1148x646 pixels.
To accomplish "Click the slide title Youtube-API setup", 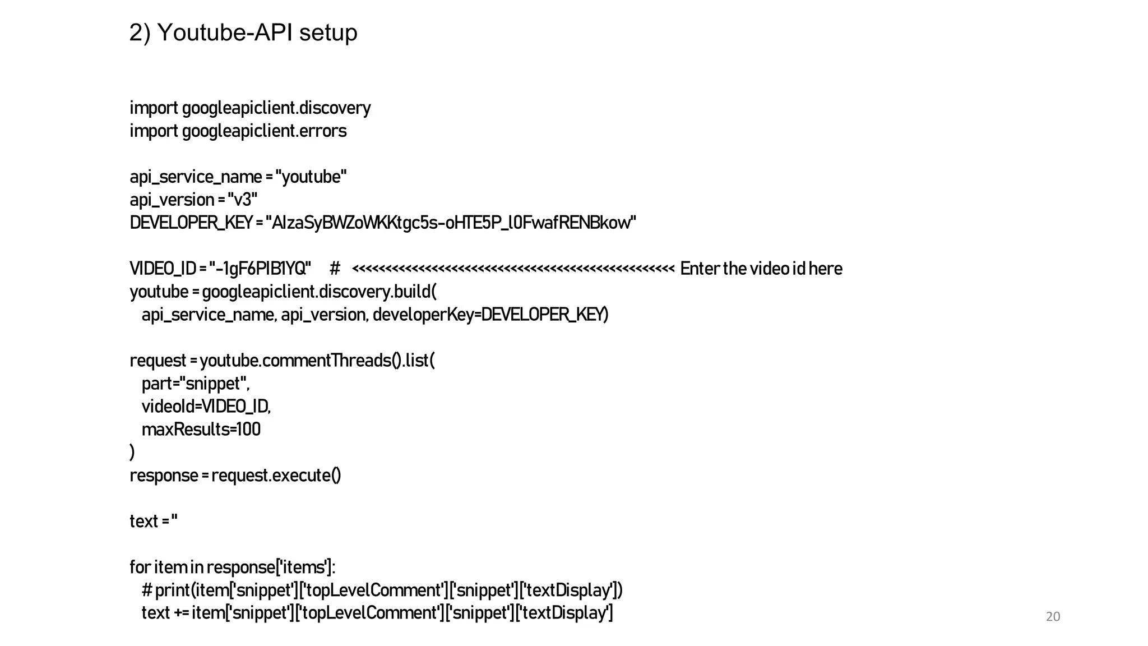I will coord(243,33).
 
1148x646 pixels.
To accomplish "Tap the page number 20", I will coord(1053,617).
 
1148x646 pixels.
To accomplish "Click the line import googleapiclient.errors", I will coord(238,131).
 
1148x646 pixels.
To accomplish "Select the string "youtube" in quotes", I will coord(311,177).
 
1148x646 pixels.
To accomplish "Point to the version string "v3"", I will coord(242,200).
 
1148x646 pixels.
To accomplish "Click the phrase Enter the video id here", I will coord(761,269).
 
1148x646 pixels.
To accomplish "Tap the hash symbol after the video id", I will coord(335,269).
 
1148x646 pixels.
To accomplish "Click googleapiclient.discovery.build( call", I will coord(318,292).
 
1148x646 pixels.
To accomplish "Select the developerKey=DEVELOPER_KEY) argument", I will coord(490,315).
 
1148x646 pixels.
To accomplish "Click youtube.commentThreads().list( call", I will coord(317,361).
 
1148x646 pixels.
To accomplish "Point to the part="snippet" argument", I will coord(195,384).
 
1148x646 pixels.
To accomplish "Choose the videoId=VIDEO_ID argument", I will coord(206,407).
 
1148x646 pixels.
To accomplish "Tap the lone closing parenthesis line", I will coord(132,452).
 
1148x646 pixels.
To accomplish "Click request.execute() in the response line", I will coord(276,476).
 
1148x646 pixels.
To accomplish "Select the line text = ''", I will coord(153,522).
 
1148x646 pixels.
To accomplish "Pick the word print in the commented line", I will coord(173,590).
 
